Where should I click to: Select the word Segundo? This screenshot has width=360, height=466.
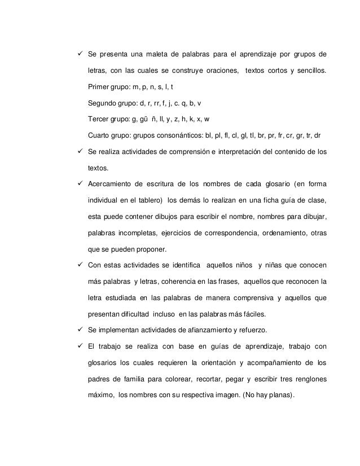[x=103, y=103]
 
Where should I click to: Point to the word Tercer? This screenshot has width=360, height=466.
[x=98, y=120]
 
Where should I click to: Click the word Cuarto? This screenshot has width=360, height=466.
[x=99, y=135]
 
